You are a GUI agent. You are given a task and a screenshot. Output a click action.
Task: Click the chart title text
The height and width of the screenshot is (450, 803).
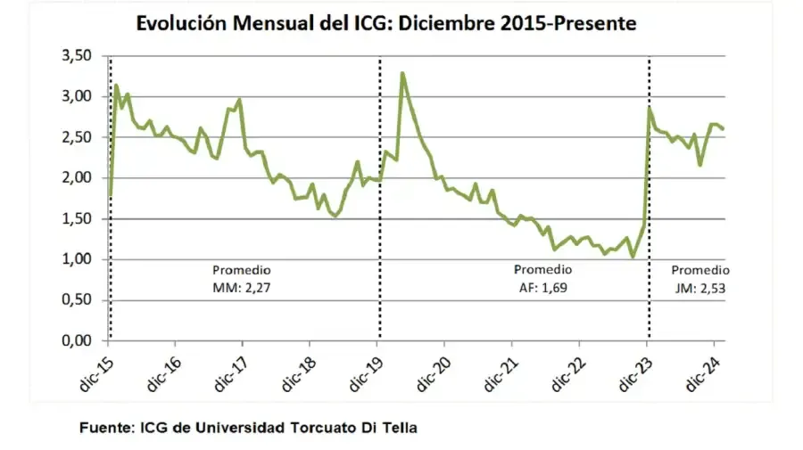click(385, 24)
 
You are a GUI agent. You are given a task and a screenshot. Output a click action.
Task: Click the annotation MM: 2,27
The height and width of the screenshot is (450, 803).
click(241, 287)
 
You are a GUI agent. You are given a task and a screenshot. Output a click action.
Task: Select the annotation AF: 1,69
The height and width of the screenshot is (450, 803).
click(542, 287)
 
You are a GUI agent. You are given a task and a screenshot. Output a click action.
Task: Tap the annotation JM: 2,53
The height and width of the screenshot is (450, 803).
click(700, 287)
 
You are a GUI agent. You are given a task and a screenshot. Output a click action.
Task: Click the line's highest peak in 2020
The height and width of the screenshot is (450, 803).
click(402, 73)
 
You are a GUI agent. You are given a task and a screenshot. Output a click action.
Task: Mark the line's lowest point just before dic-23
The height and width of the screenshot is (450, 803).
click(633, 258)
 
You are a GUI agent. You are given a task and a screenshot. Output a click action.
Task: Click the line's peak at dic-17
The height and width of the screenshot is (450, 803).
click(240, 100)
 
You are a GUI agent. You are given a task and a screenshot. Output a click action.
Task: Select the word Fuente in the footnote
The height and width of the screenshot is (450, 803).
click(105, 428)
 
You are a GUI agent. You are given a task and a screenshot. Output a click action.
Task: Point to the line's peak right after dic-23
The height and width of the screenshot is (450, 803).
click(650, 109)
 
